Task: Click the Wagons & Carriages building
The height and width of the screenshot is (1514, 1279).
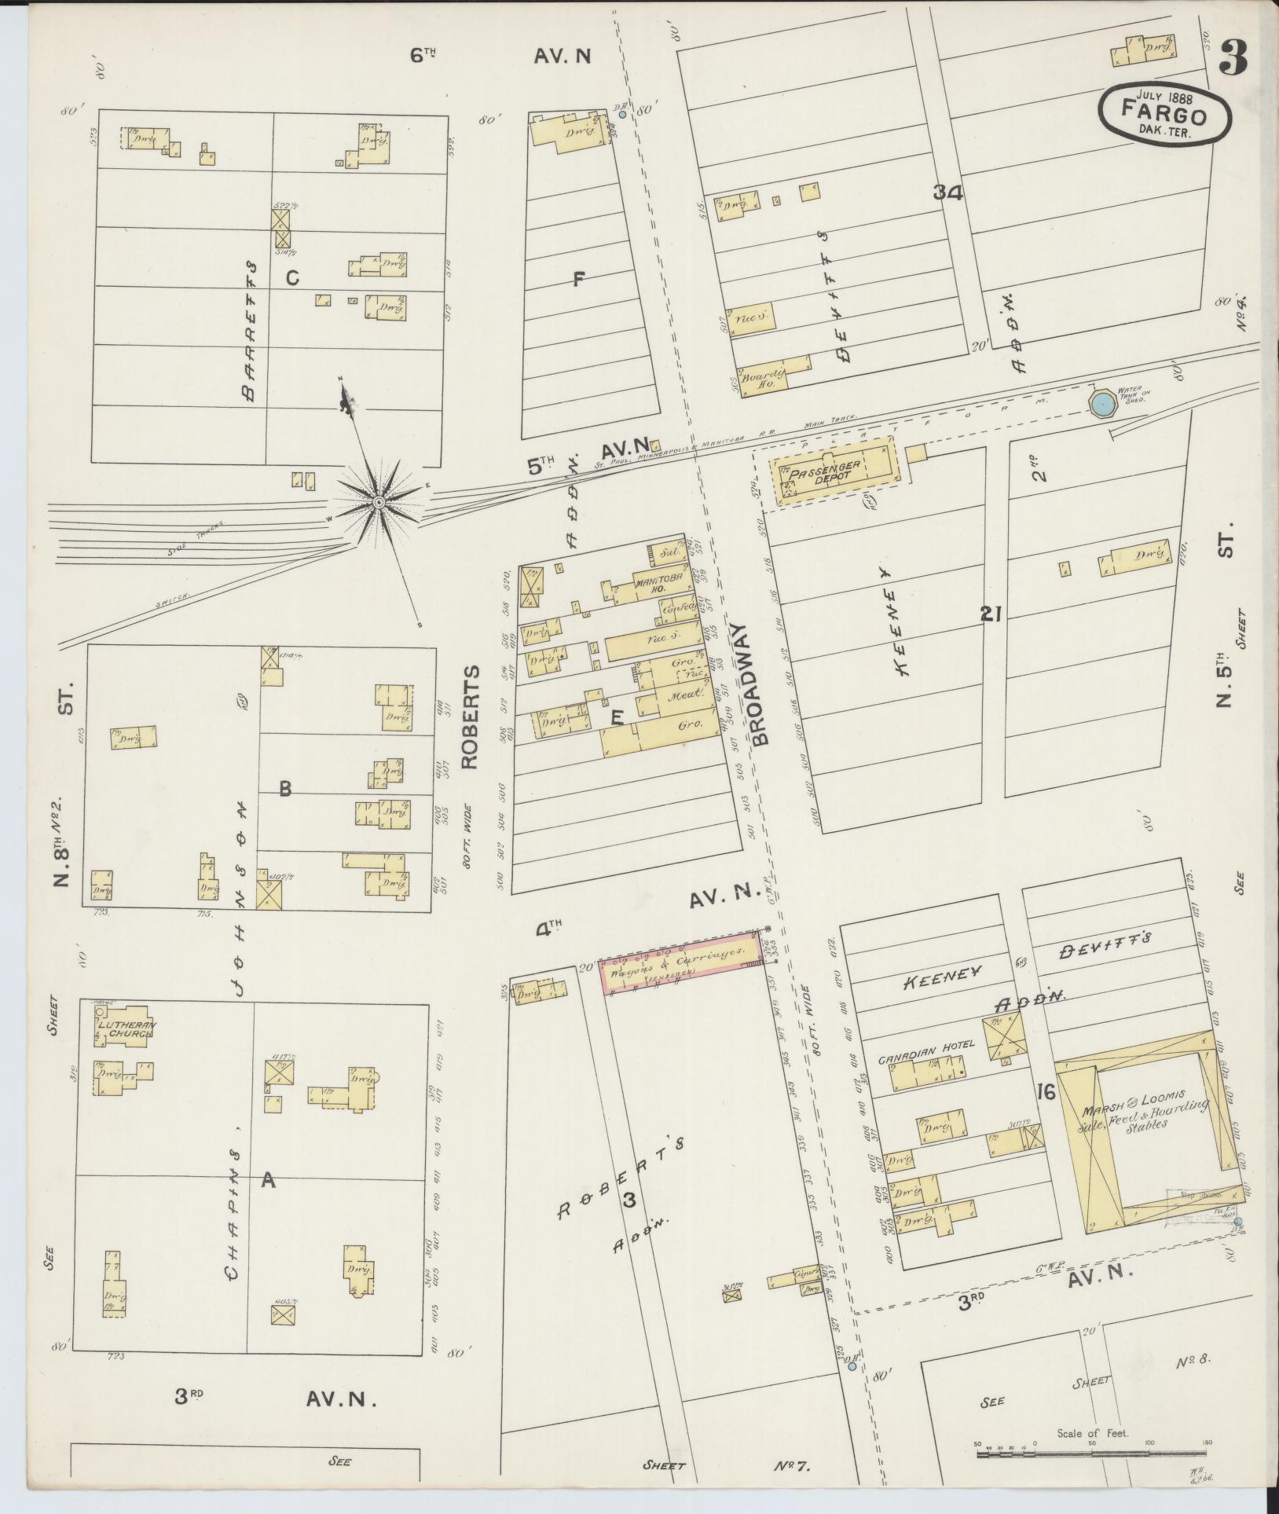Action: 682,963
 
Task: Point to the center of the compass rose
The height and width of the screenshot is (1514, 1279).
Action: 379,501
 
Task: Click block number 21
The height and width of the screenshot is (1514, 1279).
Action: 990,614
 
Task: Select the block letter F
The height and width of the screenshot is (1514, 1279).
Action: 579,277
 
